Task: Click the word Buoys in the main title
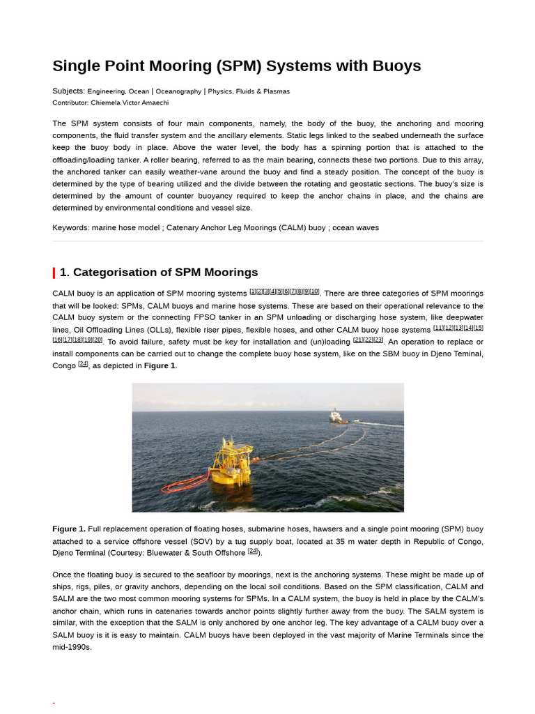tap(396, 66)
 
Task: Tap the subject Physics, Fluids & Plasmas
tap(249, 91)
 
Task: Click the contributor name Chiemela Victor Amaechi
tap(130, 102)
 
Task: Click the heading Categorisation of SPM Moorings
tap(159, 273)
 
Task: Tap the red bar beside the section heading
tap(54, 273)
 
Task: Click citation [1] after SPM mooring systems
tap(253, 291)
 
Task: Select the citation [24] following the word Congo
tap(83, 364)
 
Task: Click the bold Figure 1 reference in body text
tap(160, 366)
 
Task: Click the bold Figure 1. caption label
tap(69, 529)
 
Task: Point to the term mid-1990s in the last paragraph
tap(72, 647)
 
